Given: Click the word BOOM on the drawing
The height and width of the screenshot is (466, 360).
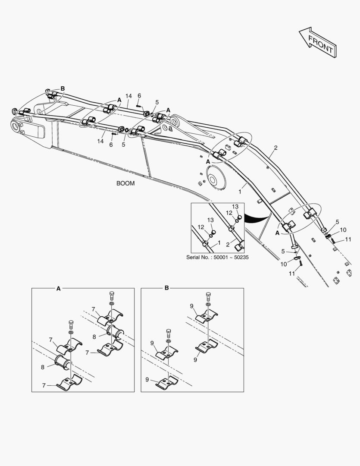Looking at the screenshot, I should click(x=125, y=183).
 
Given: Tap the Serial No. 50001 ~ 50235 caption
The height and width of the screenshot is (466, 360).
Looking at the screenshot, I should click(x=217, y=257).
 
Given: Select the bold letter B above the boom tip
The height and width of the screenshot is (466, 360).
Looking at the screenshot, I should click(x=63, y=89).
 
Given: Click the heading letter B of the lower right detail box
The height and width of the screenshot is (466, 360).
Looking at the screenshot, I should click(x=167, y=288).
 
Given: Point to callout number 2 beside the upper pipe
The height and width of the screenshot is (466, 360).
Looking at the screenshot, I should click(x=275, y=148).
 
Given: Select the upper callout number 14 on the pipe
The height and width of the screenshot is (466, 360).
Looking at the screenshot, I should click(x=128, y=96).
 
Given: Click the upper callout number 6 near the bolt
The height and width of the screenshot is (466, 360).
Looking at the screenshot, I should click(x=139, y=96).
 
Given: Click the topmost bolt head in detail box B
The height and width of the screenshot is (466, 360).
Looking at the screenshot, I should click(x=209, y=296).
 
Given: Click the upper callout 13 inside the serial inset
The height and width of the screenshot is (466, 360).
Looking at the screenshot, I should click(x=235, y=207).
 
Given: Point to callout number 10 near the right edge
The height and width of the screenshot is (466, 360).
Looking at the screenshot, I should click(x=343, y=230).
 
